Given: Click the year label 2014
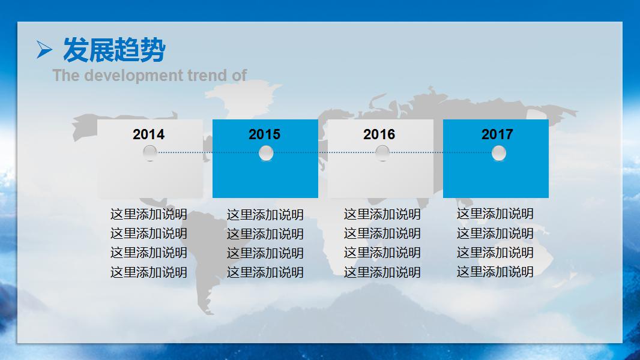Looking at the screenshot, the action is [x=148, y=134].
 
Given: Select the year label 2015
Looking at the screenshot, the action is [x=265, y=134].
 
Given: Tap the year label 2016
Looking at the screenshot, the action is [x=379, y=134].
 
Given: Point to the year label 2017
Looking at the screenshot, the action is [x=497, y=134].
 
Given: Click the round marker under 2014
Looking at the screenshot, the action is [x=150, y=153].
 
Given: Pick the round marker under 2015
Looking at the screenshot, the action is [x=266, y=153].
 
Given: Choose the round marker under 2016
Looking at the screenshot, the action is [x=382, y=153].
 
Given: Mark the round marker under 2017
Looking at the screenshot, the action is [x=499, y=153].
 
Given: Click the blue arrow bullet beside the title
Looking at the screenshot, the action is [x=44, y=49].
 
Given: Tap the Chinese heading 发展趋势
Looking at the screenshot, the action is [x=114, y=50].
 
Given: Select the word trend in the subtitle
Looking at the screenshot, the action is [x=207, y=76].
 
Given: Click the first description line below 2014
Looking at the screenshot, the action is [x=148, y=214].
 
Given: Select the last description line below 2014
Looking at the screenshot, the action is [x=148, y=272].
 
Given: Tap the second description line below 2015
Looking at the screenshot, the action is [x=265, y=234].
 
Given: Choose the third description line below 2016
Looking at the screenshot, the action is [x=382, y=253].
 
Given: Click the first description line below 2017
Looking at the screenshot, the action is [x=495, y=214].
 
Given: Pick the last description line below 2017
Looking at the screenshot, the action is [x=495, y=272].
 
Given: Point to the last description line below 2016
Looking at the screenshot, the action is [x=382, y=272].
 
